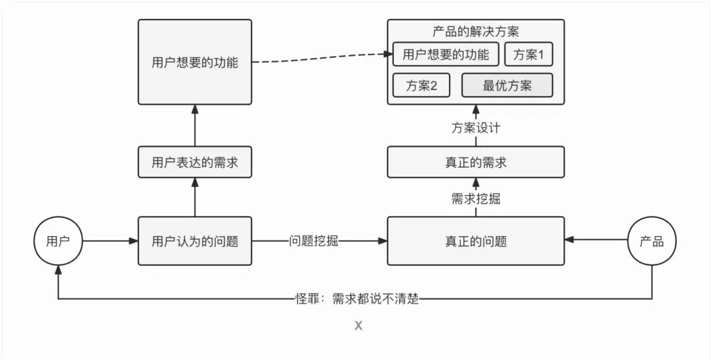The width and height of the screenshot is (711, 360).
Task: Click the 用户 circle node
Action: [x=58, y=241]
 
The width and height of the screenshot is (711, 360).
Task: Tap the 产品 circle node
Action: [x=652, y=241]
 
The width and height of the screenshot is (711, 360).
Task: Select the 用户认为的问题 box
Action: [x=195, y=241]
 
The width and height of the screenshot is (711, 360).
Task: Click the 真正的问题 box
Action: [x=475, y=241]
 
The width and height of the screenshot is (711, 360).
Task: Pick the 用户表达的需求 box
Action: [x=195, y=163]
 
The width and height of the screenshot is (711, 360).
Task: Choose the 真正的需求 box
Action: [x=475, y=163]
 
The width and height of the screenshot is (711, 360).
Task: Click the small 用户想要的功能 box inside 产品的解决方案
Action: [x=446, y=55]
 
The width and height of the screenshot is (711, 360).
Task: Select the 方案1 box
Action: [x=529, y=55]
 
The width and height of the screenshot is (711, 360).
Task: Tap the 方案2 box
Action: [x=421, y=86]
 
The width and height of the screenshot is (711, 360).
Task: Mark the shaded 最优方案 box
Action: [x=507, y=86]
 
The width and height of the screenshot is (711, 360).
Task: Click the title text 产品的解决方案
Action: [x=475, y=32]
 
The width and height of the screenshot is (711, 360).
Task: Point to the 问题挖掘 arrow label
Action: [x=313, y=241]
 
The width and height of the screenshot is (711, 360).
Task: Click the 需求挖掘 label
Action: [x=475, y=198]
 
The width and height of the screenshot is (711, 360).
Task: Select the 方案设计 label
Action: [x=475, y=128]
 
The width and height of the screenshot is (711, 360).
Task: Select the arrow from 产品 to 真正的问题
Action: [x=596, y=241]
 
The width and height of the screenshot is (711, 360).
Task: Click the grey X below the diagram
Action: [x=358, y=325]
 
